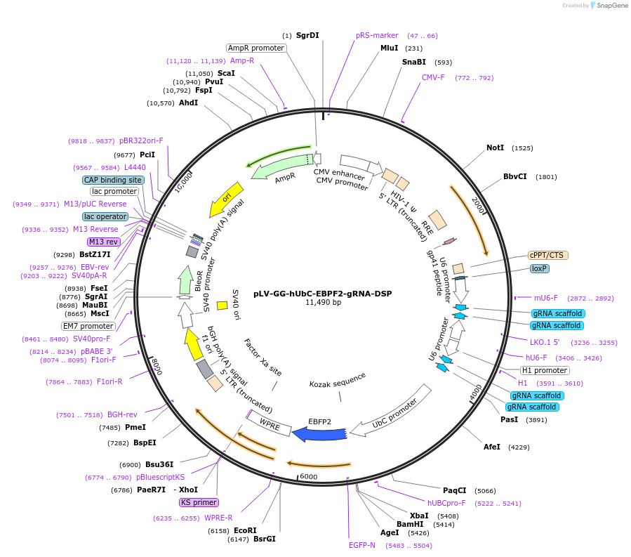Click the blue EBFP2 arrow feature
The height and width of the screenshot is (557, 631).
click(x=319, y=434)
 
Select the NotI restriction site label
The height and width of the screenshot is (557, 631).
click(x=495, y=148)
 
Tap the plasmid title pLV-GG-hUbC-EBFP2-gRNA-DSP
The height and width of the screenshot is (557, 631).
click(x=323, y=294)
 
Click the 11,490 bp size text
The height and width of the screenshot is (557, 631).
click(x=323, y=303)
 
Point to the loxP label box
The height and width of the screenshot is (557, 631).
click(x=539, y=268)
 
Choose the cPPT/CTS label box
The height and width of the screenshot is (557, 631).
click(x=547, y=255)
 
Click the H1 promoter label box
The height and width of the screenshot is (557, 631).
click(x=545, y=370)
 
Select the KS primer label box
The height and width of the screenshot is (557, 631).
click(x=199, y=502)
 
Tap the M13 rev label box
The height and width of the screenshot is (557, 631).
click(x=104, y=242)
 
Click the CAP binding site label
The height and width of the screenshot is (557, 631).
click(x=113, y=180)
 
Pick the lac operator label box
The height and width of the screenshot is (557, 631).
click(x=105, y=216)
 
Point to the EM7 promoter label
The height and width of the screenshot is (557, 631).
click(x=88, y=326)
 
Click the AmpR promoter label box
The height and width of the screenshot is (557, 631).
click(x=256, y=48)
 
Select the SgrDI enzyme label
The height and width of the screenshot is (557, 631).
click(x=307, y=35)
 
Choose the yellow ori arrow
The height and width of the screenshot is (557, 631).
click(x=227, y=199)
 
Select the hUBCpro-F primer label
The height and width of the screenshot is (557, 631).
click(x=446, y=503)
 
